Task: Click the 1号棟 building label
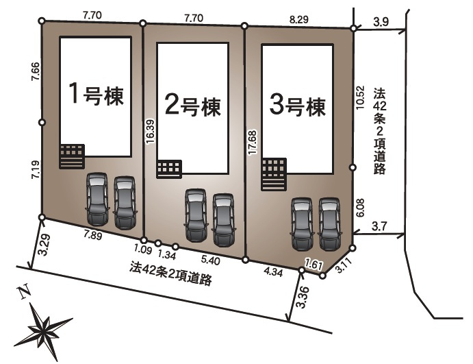[x=96, y=95]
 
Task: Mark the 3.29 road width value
[x=44, y=245]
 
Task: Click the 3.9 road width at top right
[x=381, y=23]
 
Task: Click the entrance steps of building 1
[x=71, y=156]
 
